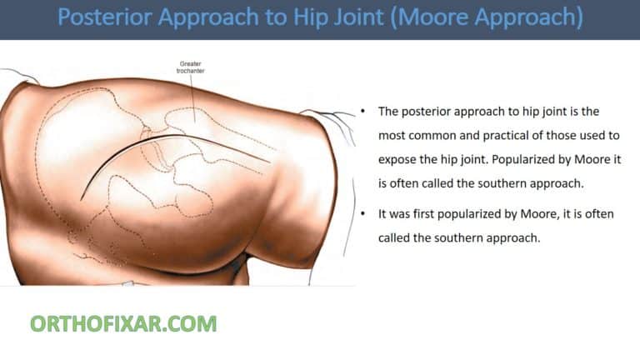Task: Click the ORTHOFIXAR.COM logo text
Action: pos(123,323)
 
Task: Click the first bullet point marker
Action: pos(363,111)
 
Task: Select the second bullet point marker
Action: pos(363,214)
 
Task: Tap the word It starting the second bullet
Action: pos(383,214)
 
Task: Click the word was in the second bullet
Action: pos(402,214)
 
